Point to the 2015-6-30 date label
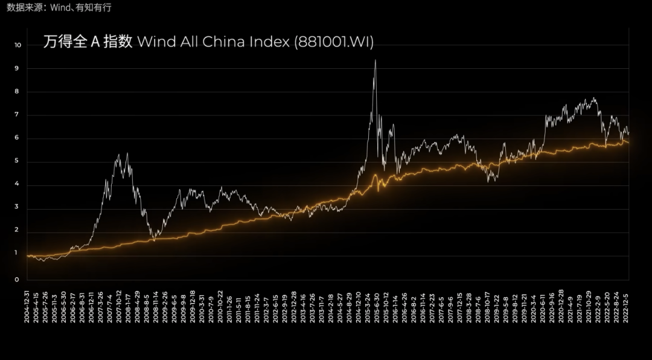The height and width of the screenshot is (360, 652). click(376, 305)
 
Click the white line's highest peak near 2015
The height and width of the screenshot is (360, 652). click(376, 60)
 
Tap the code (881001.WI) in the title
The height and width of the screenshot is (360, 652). click(334, 42)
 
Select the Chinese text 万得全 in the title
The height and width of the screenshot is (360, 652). click(64, 42)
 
